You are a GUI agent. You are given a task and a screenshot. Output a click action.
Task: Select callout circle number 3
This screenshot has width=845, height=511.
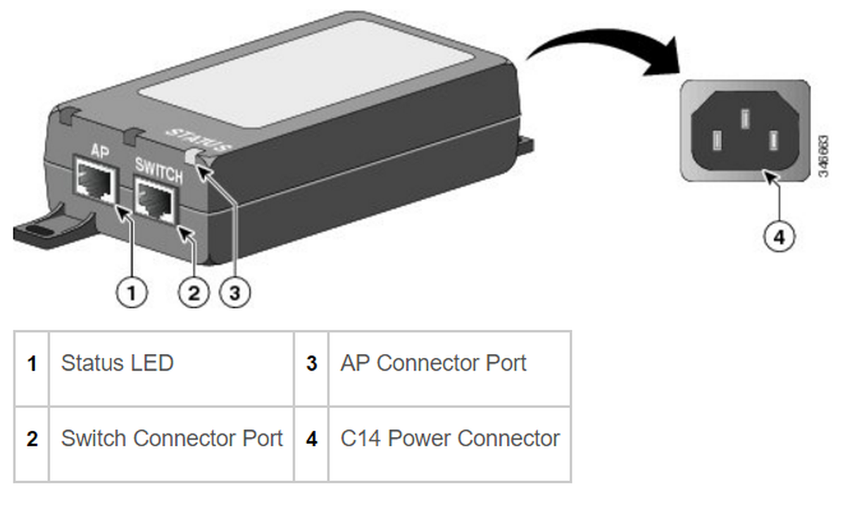click(x=234, y=292)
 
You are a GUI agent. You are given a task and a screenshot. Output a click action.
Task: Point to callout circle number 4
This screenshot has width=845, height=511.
click(x=778, y=237)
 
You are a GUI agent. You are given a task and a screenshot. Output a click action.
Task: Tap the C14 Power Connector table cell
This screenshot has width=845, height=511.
click(x=449, y=438)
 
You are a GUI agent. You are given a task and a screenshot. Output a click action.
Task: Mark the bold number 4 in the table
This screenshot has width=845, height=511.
click(x=311, y=439)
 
